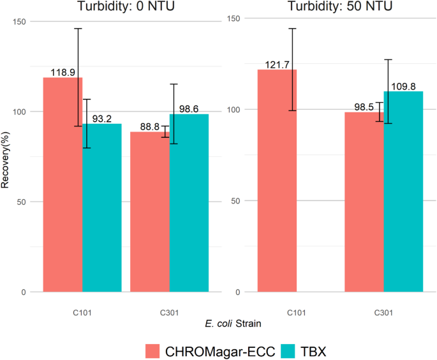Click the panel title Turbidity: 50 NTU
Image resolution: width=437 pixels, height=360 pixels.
330,7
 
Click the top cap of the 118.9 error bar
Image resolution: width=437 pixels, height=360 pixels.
78,29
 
